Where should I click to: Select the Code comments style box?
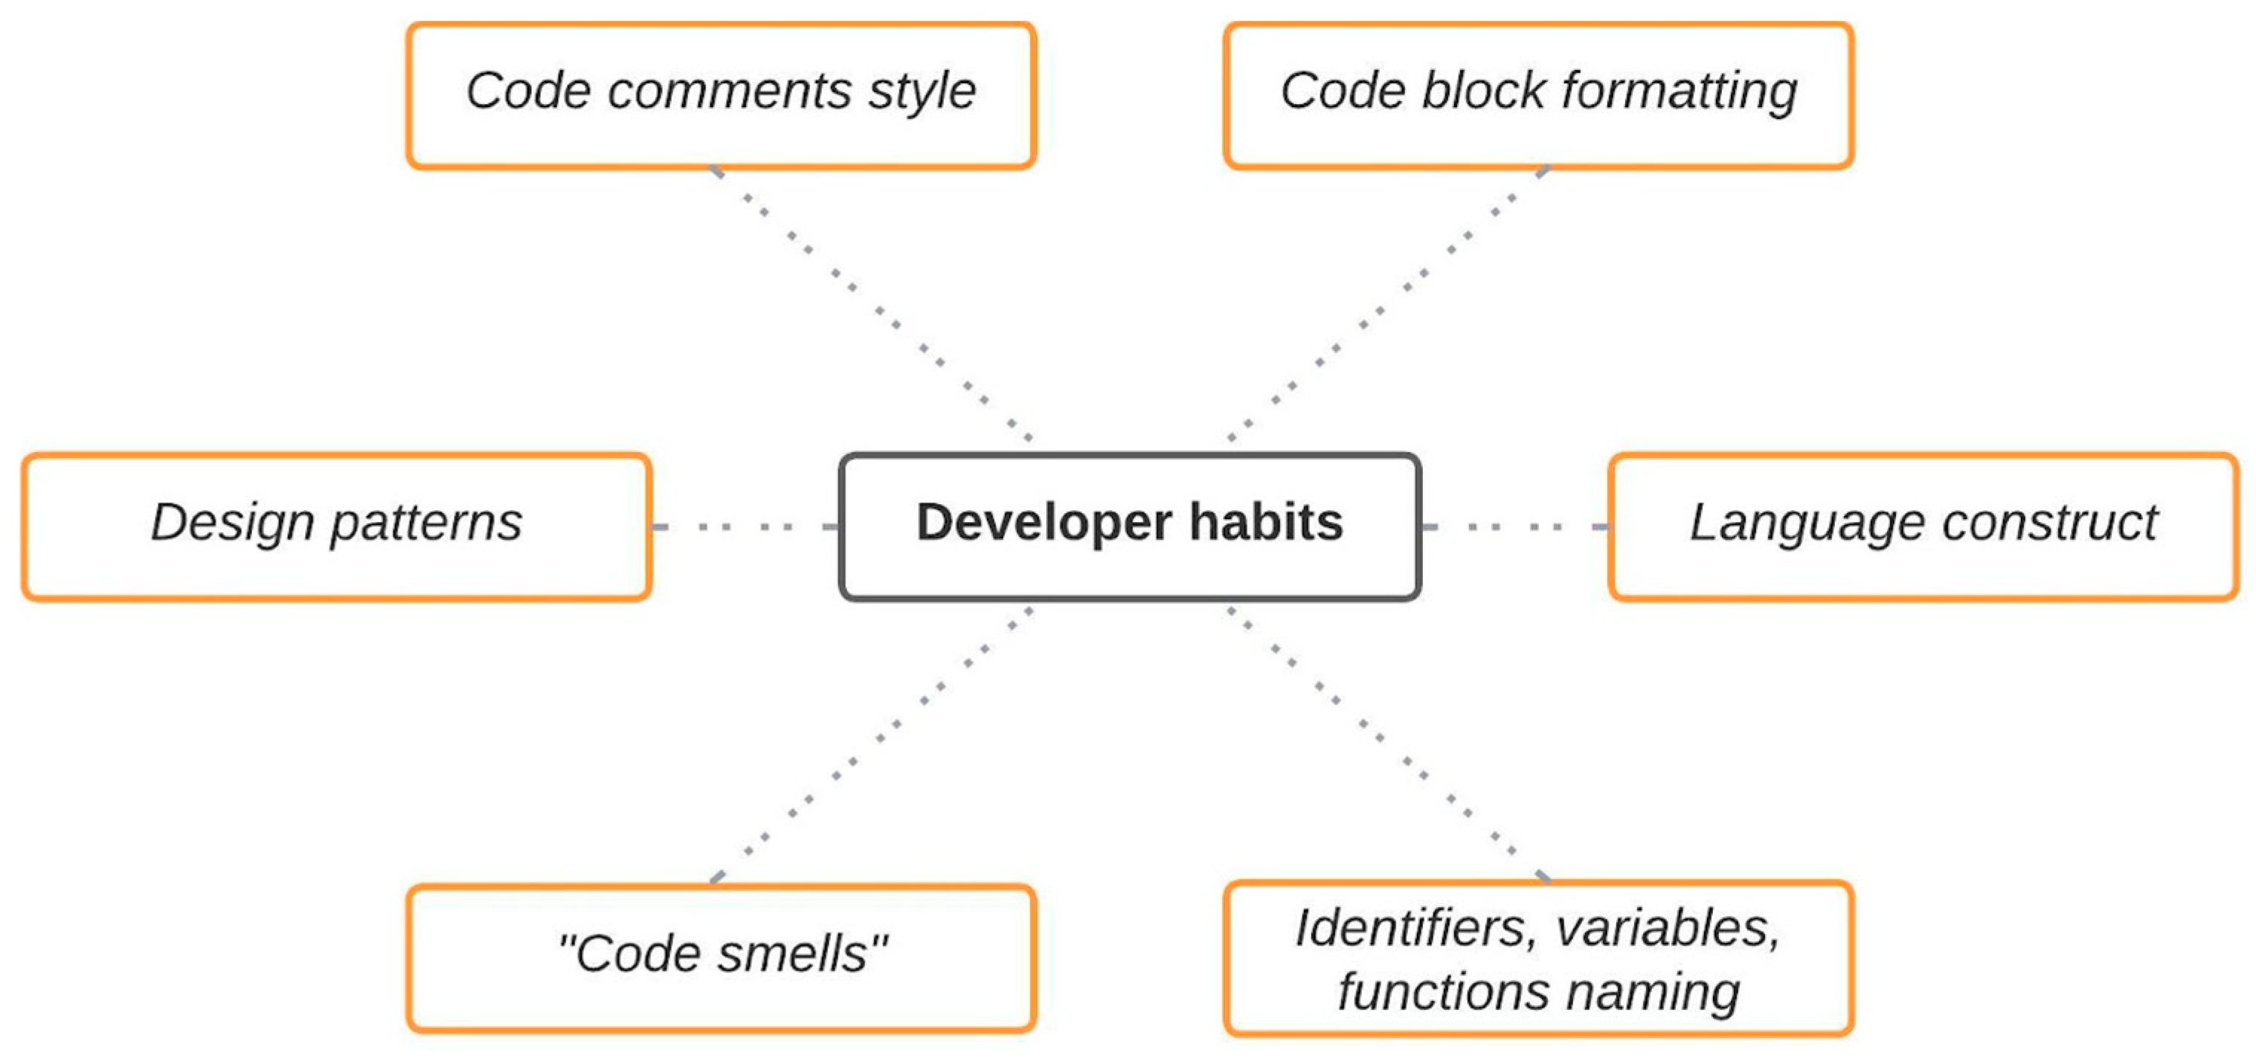pos(721,94)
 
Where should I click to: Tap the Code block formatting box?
pos(1538,94)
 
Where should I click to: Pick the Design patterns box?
pos(336,526)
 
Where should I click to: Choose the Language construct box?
pos(1924,526)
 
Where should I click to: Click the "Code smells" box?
pos(721,958)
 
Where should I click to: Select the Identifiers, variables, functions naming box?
pos(1538,958)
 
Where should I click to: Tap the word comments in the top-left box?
pos(730,91)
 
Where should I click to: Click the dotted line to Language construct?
pos(1515,527)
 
